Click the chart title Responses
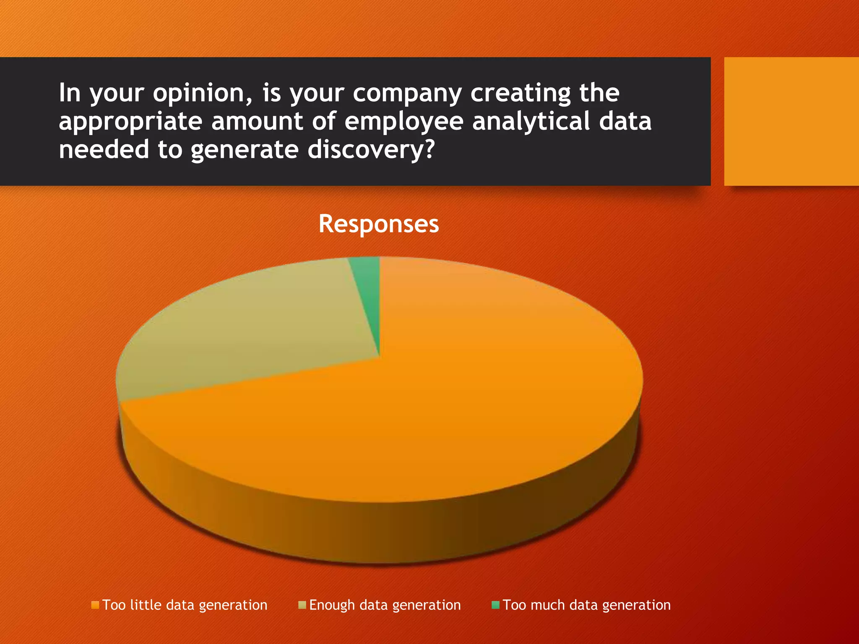[378, 223]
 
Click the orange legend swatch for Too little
[95, 605]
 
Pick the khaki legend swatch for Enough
[302, 605]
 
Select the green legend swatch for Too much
[495, 605]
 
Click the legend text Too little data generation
[185, 605]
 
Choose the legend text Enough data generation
[385, 605]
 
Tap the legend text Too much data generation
[586, 605]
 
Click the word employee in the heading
[404, 122]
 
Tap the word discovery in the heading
[371, 150]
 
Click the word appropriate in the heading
[130, 122]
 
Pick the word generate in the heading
[245, 150]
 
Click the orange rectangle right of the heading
[791, 121]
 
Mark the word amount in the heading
[257, 122]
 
